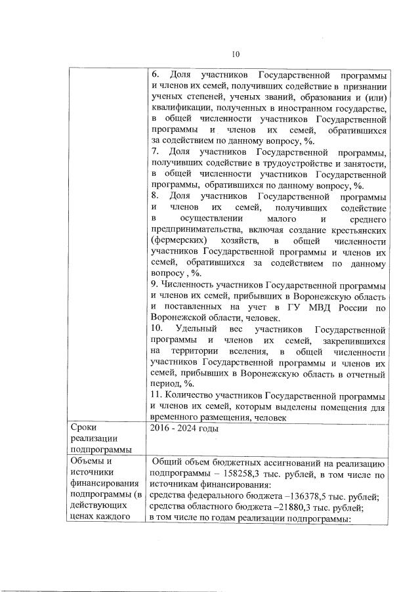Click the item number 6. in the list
pyautogui.click(x=155, y=75)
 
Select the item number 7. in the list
pyautogui.click(x=155, y=152)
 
